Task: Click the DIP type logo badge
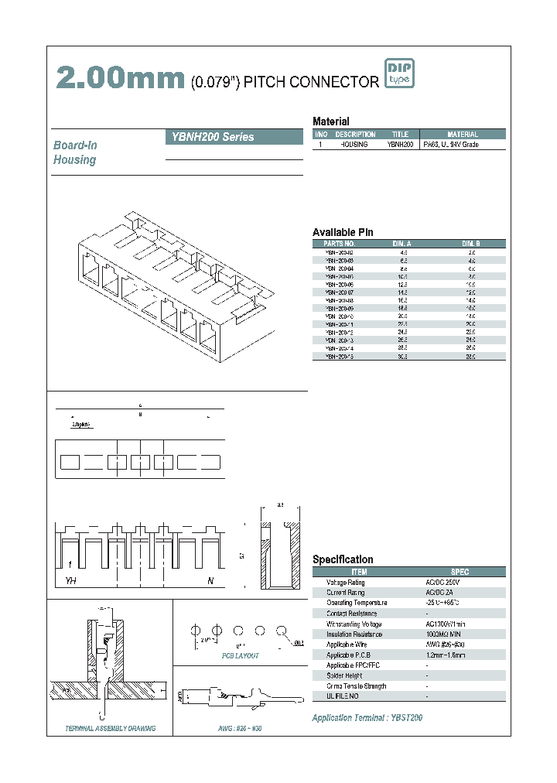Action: pyautogui.click(x=399, y=74)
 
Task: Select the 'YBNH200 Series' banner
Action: pyautogui.click(x=234, y=137)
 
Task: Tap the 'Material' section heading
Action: pyautogui.click(x=330, y=121)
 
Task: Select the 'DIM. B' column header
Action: pyautogui.click(x=471, y=244)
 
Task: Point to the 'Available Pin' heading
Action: pyautogui.click(x=343, y=232)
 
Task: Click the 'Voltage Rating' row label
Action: pyautogui.click(x=345, y=582)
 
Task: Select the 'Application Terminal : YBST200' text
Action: pyautogui.click(x=367, y=718)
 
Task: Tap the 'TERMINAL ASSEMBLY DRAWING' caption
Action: pyautogui.click(x=111, y=729)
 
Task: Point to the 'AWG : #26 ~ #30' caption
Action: pyautogui.click(x=235, y=729)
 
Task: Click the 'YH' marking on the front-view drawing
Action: pyautogui.click(x=70, y=580)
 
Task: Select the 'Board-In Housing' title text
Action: pyautogui.click(x=75, y=152)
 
